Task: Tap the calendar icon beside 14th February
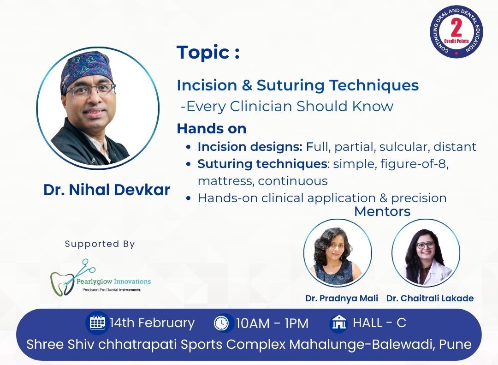(x=97, y=323)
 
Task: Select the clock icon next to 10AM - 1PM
(x=221, y=323)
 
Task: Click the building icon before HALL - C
(x=339, y=323)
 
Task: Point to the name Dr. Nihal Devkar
(x=107, y=190)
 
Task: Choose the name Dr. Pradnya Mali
(x=342, y=298)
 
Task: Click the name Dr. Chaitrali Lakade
(x=430, y=298)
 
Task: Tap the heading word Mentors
(x=382, y=211)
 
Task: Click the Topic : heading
(x=208, y=53)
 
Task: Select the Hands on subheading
(x=212, y=129)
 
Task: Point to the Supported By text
(x=100, y=244)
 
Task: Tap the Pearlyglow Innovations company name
(x=113, y=281)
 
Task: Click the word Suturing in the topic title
(x=290, y=85)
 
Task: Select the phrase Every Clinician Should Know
(x=290, y=107)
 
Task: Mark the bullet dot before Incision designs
(x=189, y=147)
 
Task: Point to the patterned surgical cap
(x=86, y=70)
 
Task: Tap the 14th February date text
(x=152, y=323)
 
